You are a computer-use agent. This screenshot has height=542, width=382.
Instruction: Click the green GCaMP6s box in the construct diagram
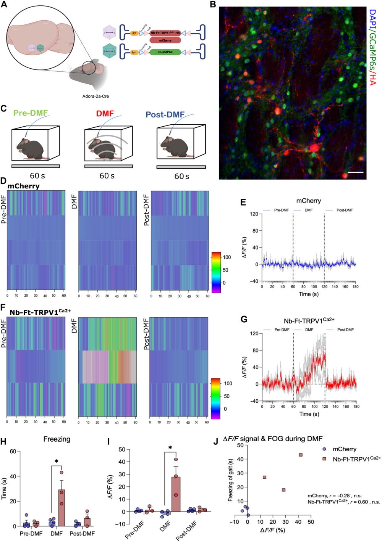[165, 52]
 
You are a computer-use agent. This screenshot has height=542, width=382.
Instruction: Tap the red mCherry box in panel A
[165, 40]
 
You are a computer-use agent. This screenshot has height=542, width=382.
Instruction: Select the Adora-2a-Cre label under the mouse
[95, 96]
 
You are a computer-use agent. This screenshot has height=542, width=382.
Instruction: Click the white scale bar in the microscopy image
[355, 172]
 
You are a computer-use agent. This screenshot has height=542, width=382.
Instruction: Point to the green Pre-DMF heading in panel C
[31, 113]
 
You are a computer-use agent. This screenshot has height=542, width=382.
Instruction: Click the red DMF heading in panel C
[105, 114]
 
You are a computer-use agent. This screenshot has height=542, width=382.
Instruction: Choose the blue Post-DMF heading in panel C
[165, 114]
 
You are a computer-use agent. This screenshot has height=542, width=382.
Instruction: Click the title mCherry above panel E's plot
[309, 201]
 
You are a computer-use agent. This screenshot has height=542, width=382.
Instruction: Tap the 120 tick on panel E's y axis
[254, 214]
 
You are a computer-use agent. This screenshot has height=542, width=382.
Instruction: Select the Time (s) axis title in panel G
[309, 414]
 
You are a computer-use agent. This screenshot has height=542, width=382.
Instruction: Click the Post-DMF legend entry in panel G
[345, 330]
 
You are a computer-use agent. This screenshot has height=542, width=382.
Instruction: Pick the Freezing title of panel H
[57, 439]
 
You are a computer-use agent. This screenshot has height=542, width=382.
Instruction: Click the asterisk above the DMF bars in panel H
[57, 462]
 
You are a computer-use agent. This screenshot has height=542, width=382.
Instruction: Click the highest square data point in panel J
[301, 455]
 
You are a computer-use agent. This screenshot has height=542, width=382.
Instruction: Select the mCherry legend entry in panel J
[344, 449]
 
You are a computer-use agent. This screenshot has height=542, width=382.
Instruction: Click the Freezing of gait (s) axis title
[230, 479]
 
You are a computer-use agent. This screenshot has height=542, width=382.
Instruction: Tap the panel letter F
[3, 307]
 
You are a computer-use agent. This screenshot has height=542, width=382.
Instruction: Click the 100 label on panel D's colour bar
[227, 257]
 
